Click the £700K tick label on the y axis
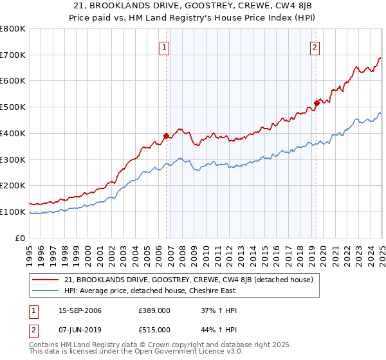click(x=13, y=55)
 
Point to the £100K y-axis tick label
click(x=13, y=212)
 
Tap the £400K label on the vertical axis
click(x=13, y=134)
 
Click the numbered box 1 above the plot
click(x=165, y=46)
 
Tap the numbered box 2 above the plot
click(x=315, y=46)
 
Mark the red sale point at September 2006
click(x=166, y=136)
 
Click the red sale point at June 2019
click(x=317, y=103)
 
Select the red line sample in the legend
click(x=46, y=280)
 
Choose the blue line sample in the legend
click(x=46, y=291)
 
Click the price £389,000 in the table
click(x=154, y=311)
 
